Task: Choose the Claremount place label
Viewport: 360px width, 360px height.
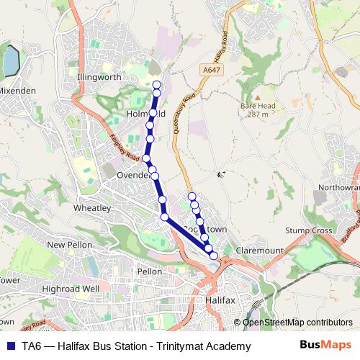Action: pyautogui.click(x=260, y=250)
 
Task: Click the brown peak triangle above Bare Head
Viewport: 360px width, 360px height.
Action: pyautogui.click(x=256, y=96)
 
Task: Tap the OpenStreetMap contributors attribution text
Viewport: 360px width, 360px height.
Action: pyautogui.click(x=293, y=323)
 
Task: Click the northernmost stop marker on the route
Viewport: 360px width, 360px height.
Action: pyautogui.click(x=157, y=85)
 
